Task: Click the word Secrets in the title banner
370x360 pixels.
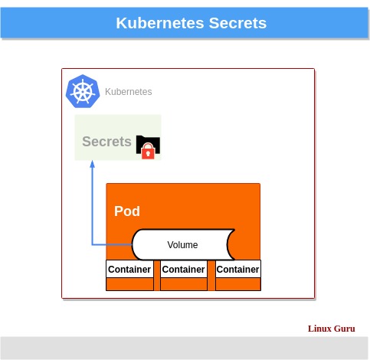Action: pyautogui.click(x=237, y=23)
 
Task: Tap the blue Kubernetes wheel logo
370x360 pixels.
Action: pyautogui.click(x=83, y=91)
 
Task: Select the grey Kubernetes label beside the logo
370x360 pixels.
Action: pyautogui.click(x=128, y=92)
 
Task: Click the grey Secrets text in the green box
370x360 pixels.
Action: pyautogui.click(x=106, y=142)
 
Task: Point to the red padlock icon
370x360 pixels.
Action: pyautogui.click(x=149, y=152)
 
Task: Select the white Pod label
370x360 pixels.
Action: pyautogui.click(x=127, y=211)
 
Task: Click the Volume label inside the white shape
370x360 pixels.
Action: pyautogui.click(x=182, y=245)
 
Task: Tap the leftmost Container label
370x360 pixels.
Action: pyautogui.click(x=129, y=270)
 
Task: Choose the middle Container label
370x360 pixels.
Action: pyautogui.click(x=184, y=270)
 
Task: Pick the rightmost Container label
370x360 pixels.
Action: pyautogui.click(x=237, y=270)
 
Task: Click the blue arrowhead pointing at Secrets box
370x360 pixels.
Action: pyautogui.click(x=92, y=164)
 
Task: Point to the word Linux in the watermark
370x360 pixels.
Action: pyautogui.click(x=319, y=329)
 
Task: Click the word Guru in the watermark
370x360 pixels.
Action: pyautogui.click(x=344, y=329)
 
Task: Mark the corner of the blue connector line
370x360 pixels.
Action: pyautogui.click(x=92, y=245)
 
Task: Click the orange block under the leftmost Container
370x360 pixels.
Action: pyautogui.click(x=129, y=284)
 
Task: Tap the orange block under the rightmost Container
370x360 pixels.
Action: pyautogui.click(x=237, y=284)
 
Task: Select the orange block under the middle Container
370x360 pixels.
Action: pyautogui.click(x=184, y=284)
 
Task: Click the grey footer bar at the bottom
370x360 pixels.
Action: pyautogui.click(x=184, y=348)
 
